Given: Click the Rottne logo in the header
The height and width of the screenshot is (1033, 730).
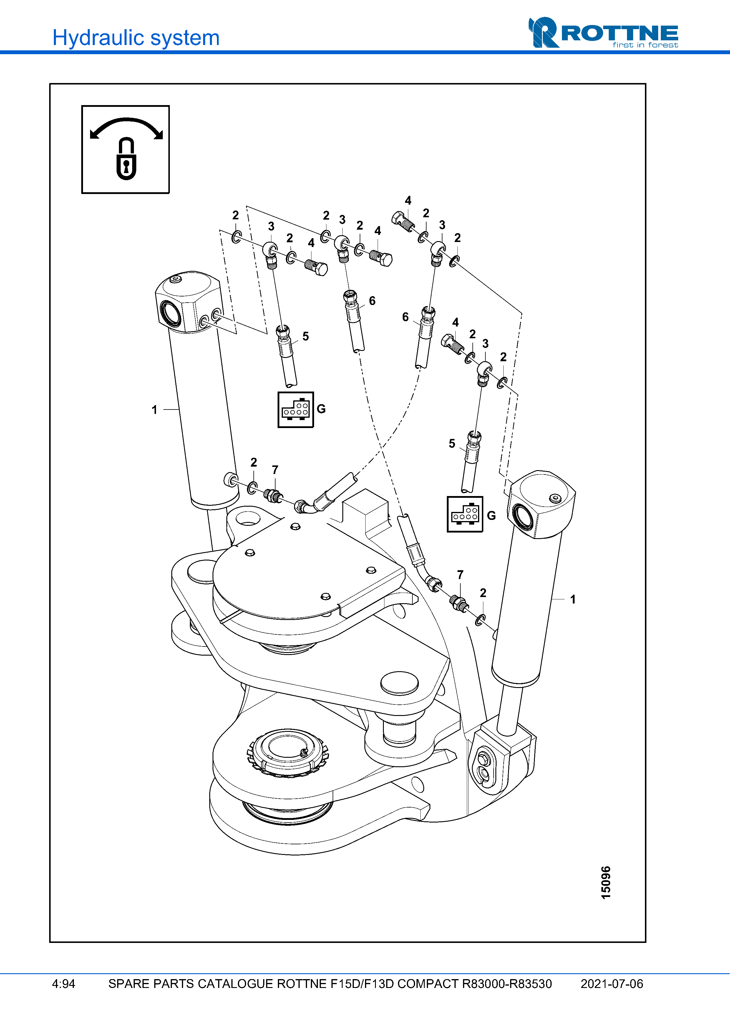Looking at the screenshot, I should pos(603,32).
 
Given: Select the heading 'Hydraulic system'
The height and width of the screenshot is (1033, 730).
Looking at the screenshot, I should pos(136,38).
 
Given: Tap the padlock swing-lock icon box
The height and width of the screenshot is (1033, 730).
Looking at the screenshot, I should pos(125,149).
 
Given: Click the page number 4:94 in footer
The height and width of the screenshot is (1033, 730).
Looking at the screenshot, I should pos(63,984).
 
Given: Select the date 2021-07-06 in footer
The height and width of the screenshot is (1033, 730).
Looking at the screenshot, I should pos(611,984).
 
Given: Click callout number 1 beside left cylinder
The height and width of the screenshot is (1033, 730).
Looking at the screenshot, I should pos(154,410).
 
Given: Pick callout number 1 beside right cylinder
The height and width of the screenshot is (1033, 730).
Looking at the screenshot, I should pos(573,599).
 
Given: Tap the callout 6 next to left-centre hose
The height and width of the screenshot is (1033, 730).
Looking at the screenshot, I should pos(372,301).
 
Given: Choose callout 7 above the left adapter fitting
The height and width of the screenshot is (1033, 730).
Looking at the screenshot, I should pos(275,470).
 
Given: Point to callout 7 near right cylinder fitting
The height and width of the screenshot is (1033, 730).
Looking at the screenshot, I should pos(460,575).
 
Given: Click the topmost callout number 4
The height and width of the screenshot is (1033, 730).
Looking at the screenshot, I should pos(408,200).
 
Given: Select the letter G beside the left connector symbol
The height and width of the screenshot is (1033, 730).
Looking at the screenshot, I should pos(321,409).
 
